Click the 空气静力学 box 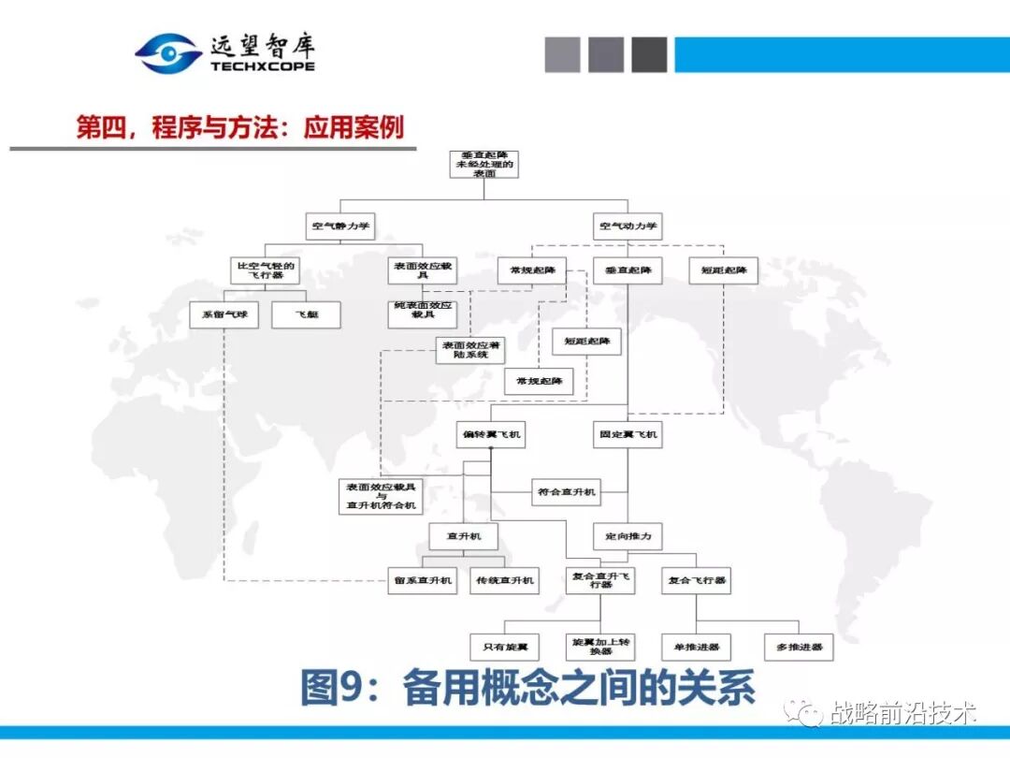click(340, 226)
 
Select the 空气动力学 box click(628, 226)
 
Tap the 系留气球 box click(224, 314)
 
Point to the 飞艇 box click(306, 314)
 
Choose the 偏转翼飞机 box click(491, 434)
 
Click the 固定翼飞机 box click(628, 434)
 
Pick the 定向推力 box click(628, 536)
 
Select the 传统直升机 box click(504, 580)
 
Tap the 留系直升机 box click(423, 580)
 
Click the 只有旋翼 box click(504, 647)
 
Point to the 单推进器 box click(697, 647)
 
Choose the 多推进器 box click(798, 647)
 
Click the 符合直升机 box click(567, 491)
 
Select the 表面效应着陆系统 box click(470, 350)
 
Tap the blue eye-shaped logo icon click(168, 53)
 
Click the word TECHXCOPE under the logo click(263, 67)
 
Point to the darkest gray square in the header click(649, 55)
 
